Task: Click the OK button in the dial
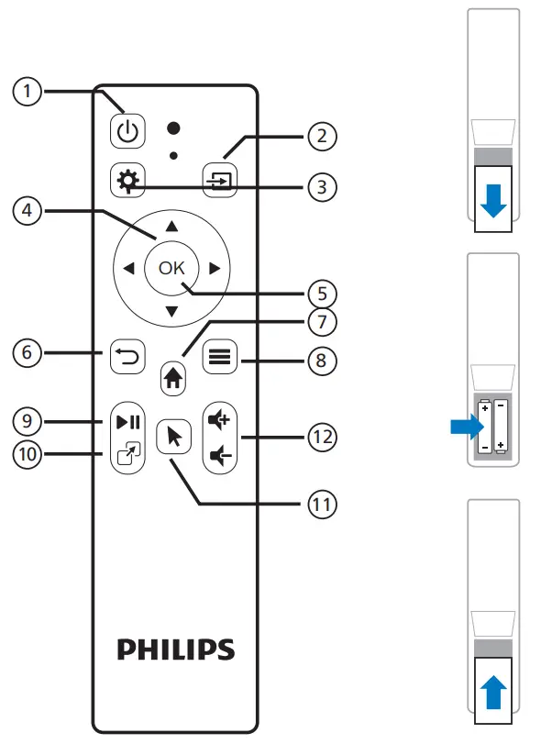coord(171,269)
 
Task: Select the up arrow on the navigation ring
coord(171,225)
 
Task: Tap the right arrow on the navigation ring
coord(214,269)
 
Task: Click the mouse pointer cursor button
coord(170,438)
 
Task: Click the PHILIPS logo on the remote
coord(175,650)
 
